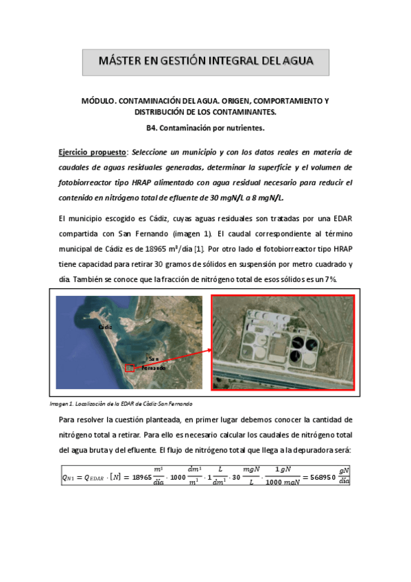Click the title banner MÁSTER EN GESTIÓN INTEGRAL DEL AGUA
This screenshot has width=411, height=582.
(205, 62)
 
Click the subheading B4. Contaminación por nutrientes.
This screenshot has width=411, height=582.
(205, 128)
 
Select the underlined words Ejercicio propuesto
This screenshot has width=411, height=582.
(92, 152)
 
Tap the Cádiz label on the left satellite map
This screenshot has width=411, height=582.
(105, 327)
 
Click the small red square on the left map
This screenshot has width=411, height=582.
(129, 368)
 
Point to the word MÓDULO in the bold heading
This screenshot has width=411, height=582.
(100, 100)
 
